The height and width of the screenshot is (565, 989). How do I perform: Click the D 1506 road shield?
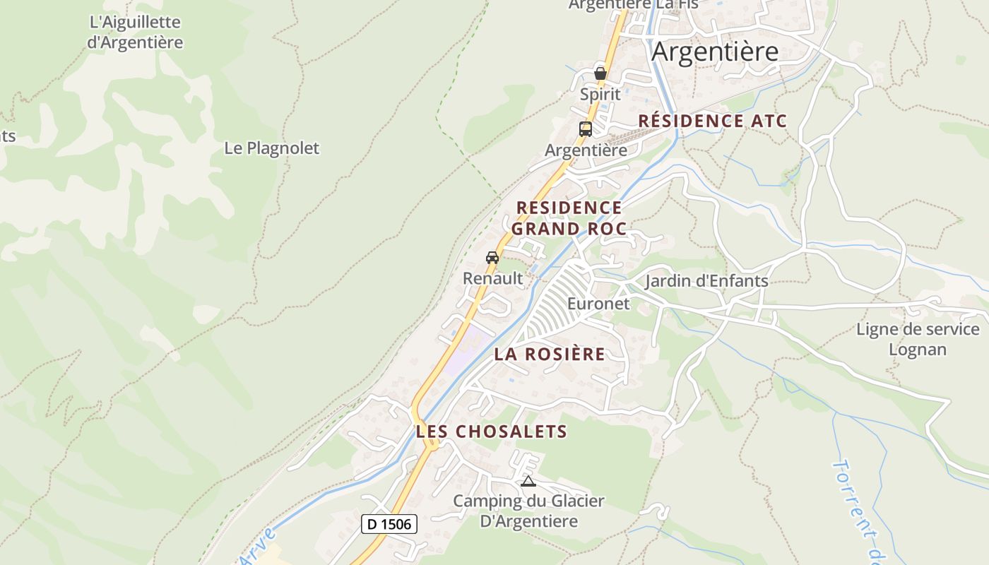click(x=389, y=524)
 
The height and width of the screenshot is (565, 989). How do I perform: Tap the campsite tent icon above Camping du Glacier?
click(x=528, y=482)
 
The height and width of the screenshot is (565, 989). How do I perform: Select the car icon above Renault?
click(x=492, y=258)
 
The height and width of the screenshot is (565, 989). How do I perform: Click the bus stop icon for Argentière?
click(x=586, y=129)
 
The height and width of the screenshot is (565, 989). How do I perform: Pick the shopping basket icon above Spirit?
click(x=600, y=73)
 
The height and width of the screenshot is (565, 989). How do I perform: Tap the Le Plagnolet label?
click(x=271, y=148)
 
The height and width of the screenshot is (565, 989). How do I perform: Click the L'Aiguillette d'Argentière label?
click(x=135, y=32)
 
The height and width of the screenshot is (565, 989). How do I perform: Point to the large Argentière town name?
click(x=715, y=52)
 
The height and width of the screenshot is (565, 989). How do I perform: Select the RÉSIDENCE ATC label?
click(x=712, y=121)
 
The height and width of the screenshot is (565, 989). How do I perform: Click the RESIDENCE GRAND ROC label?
click(x=569, y=218)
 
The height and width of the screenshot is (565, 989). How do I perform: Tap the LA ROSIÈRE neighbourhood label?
click(x=550, y=354)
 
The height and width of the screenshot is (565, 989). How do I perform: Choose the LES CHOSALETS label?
click(x=492, y=432)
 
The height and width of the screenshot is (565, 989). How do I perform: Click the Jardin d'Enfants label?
click(x=706, y=281)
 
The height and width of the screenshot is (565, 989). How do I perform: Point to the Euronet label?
click(x=598, y=304)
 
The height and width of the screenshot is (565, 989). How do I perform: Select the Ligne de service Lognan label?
click(x=918, y=339)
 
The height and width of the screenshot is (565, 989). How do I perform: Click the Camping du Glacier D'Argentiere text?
click(x=528, y=511)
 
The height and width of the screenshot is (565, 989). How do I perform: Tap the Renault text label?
click(x=493, y=278)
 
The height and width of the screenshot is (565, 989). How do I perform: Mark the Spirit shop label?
click(x=600, y=94)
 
